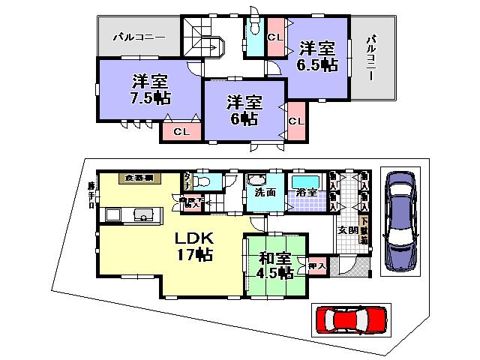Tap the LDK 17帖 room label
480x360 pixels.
194,247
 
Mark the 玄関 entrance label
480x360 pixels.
346,230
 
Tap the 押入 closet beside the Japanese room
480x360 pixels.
316,265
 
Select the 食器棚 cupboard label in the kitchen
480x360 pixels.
139,178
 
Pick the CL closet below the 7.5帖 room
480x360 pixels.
181,132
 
